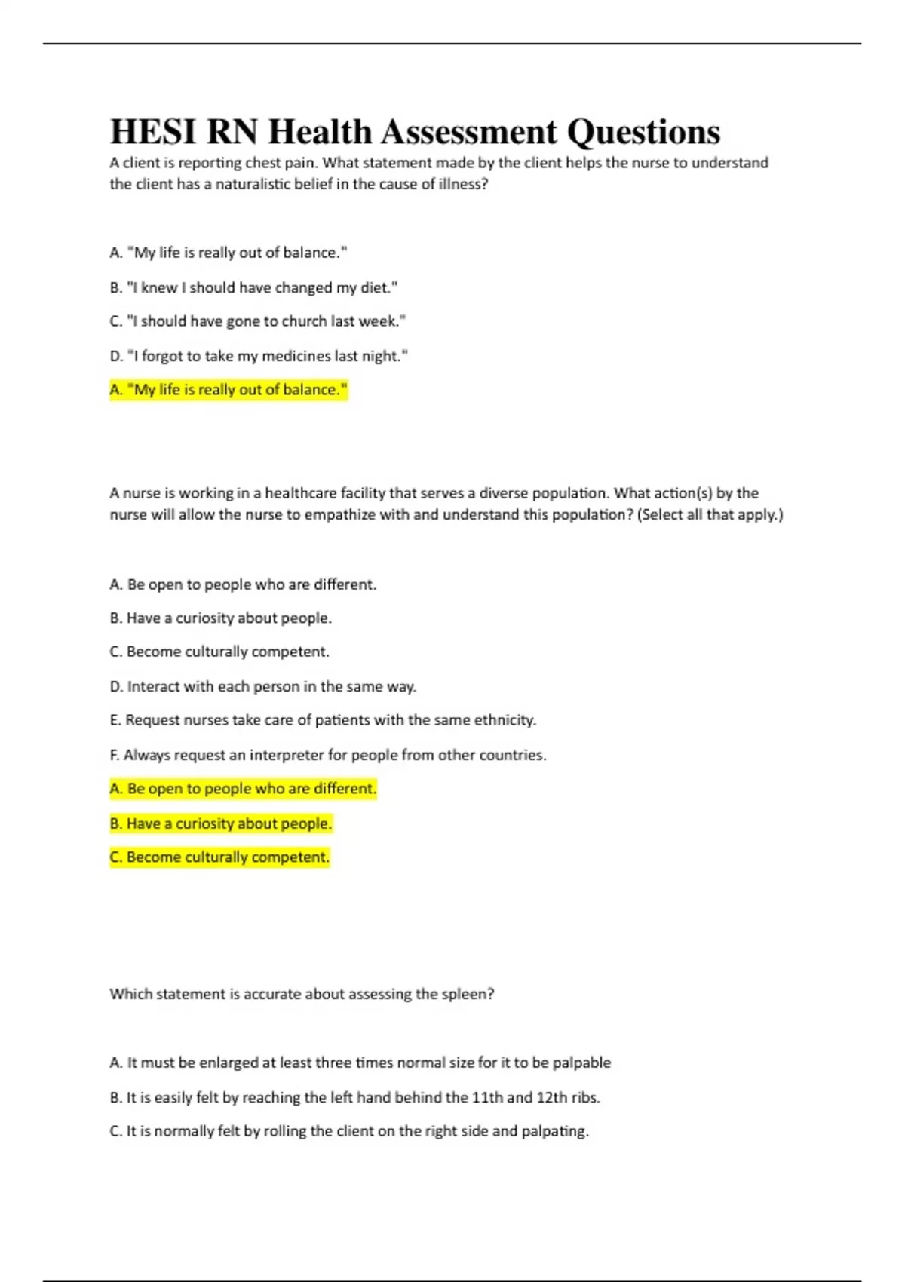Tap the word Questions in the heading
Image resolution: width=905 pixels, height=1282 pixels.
[x=643, y=132]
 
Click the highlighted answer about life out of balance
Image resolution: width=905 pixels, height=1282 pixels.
[x=229, y=390]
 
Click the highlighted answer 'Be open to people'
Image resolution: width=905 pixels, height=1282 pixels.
[x=243, y=789]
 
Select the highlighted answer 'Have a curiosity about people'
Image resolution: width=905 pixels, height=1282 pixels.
[x=221, y=823]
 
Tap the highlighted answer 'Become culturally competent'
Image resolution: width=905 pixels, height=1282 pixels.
[x=219, y=857]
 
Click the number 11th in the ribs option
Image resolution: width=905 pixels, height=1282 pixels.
[x=487, y=1097]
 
